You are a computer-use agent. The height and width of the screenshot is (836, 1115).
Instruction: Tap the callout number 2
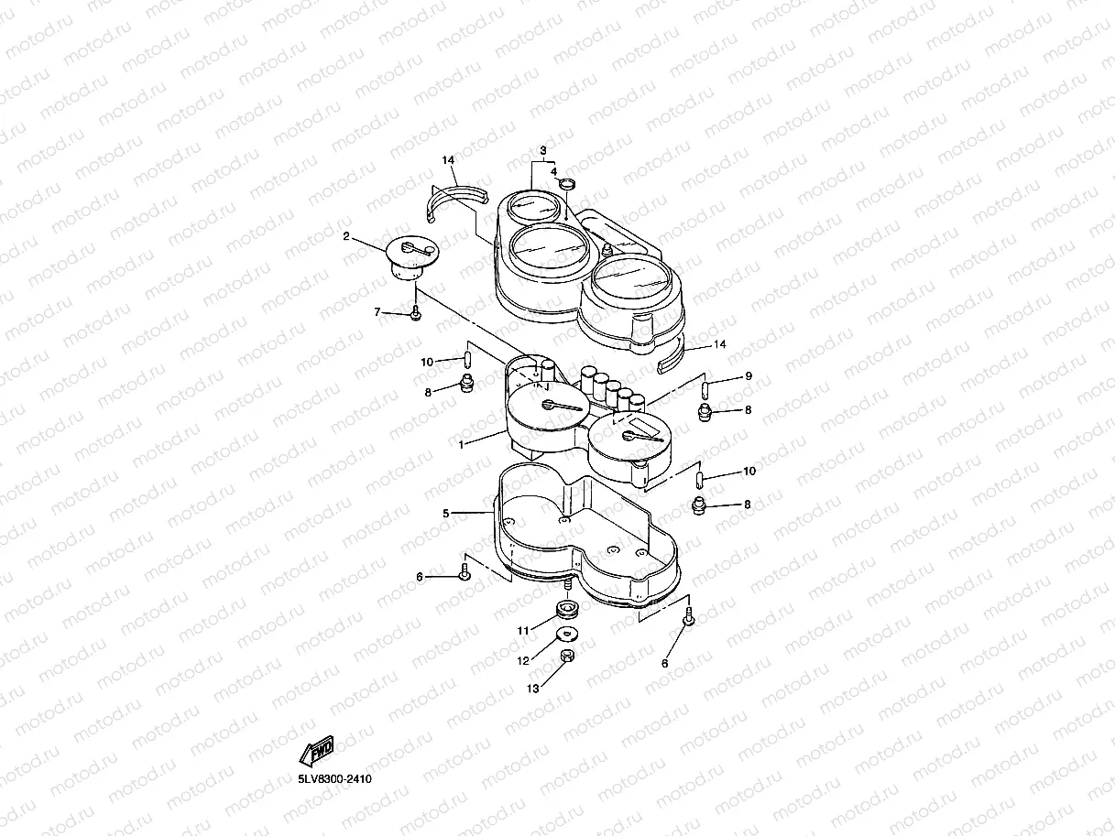pyautogui.click(x=346, y=236)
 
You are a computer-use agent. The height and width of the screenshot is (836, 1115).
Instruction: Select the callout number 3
pyautogui.click(x=542, y=150)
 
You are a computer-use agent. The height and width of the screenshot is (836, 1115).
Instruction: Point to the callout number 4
pyautogui.click(x=553, y=170)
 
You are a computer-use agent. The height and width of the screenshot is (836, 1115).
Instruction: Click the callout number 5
pyautogui.click(x=446, y=514)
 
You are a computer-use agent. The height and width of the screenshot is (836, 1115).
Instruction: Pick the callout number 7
pyautogui.click(x=377, y=312)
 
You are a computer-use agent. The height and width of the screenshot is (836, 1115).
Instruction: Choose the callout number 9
pyautogui.click(x=748, y=376)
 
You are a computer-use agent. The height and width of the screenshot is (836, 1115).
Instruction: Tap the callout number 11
pyautogui.click(x=523, y=630)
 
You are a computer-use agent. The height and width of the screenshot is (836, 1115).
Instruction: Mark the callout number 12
pyautogui.click(x=523, y=659)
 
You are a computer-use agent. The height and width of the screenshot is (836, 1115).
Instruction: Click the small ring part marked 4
pyautogui.click(x=567, y=186)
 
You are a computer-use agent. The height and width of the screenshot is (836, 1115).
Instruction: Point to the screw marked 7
pyautogui.click(x=416, y=313)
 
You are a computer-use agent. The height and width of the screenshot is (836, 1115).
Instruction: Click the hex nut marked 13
pyautogui.click(x=566, y=657)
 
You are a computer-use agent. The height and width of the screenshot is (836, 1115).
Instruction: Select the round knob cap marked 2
pyautogui.click(x=410, y=255)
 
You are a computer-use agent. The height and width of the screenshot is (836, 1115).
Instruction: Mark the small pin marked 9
pyautogui.click(x=705, y=387)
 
